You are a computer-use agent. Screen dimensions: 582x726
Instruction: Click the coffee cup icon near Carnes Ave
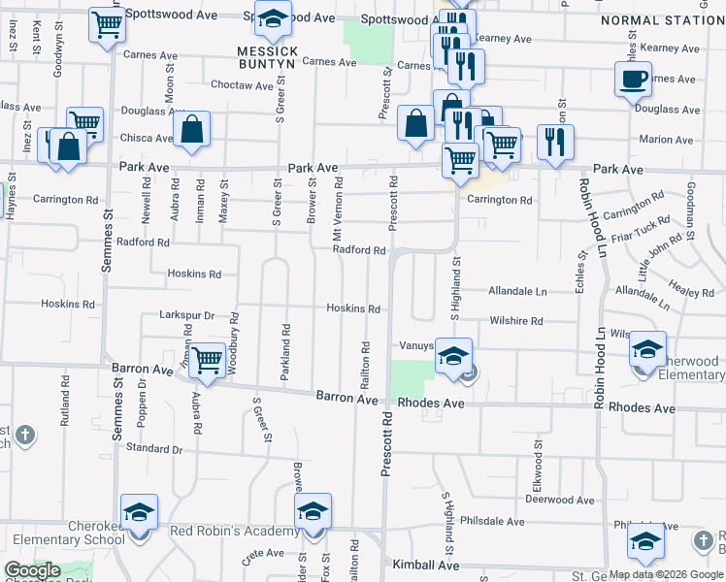tap(633, 79)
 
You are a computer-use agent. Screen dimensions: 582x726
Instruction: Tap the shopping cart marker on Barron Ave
tap(207, 361)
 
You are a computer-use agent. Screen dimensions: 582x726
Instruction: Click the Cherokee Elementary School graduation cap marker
tap(139, 512)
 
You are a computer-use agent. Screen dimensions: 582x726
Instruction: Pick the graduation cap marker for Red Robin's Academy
tap(313, 512)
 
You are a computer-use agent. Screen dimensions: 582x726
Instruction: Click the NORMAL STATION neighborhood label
tap(662, 19)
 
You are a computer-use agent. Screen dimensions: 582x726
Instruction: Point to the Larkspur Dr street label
tap(185, 315)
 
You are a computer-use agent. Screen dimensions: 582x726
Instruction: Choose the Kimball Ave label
tap(425, 565)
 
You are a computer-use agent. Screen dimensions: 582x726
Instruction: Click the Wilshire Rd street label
tap(515, 320)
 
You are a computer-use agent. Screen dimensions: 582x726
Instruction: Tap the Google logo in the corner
tap(32, 571)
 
